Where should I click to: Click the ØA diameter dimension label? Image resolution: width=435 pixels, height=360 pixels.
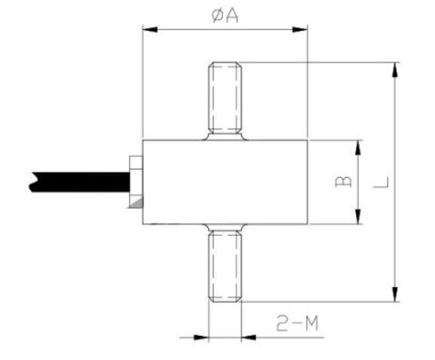(x=225, y=15)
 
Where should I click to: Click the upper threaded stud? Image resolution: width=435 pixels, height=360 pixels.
(x=225, y=98)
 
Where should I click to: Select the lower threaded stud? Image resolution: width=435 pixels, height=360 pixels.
(x=225, y=265)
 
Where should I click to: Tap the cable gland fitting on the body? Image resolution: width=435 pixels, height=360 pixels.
(x=135, y=182)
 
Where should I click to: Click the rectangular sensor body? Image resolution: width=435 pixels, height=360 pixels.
(x=225, y=182)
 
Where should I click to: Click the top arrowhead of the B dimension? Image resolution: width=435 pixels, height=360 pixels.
(x=357, y=147)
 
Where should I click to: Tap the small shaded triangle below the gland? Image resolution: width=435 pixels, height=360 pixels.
(x=136, y=204)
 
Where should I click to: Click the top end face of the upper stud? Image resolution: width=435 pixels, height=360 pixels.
(x=225, y=63)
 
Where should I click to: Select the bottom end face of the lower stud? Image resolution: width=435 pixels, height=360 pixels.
(x=225, y=301)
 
